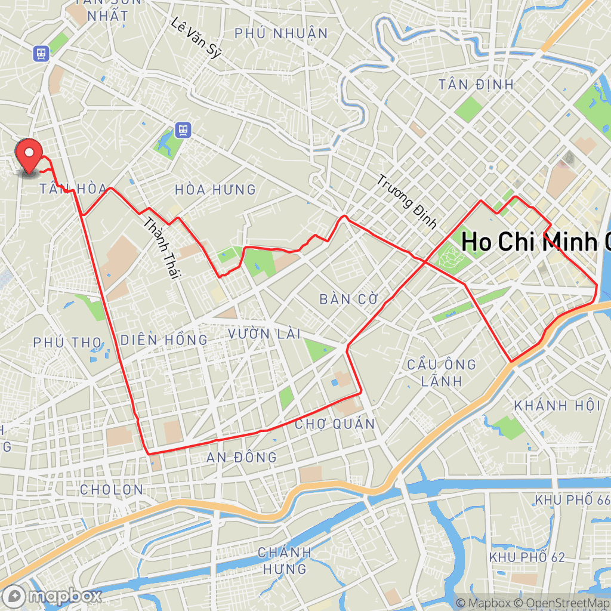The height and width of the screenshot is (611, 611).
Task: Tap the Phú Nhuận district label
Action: point(281,33)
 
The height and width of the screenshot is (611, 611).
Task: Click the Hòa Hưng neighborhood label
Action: point(215,190)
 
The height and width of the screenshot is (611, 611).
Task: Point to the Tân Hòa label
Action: point(73,189)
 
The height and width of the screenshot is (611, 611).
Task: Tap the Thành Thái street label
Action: point(162,246)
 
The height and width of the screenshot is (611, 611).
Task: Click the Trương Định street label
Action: point(408,202)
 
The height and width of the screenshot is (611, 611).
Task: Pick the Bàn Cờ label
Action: point(349,299)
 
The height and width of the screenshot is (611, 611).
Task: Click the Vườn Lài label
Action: point(264,334)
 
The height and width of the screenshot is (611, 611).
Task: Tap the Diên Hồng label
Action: point(164,340)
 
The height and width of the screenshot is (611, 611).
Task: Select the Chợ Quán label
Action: point(335,424)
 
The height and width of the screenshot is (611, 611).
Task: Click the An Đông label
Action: point(242,458)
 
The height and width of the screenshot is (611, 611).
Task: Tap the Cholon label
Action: point(112,490)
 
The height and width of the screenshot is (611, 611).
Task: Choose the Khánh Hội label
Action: point(557,406)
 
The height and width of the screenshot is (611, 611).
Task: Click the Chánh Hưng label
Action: point(285,560)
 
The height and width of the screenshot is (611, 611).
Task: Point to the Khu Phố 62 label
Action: point(526,557)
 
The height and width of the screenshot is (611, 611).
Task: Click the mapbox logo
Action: point(52,595)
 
